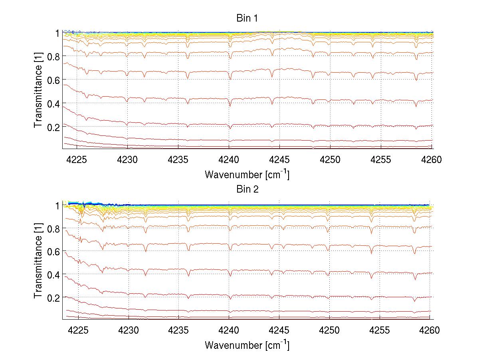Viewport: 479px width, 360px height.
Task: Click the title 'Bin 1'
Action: tap(247, 19)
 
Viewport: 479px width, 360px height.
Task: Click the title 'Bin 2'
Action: tap(247, 189)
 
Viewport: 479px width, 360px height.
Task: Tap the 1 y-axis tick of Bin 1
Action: tap(57, 33)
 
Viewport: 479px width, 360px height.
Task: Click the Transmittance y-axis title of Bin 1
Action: tap(38, 91)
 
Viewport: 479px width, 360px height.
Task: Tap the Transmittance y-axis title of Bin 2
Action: tap(38, 262)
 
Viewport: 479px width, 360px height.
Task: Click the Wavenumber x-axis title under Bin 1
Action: tap(247, 174)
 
